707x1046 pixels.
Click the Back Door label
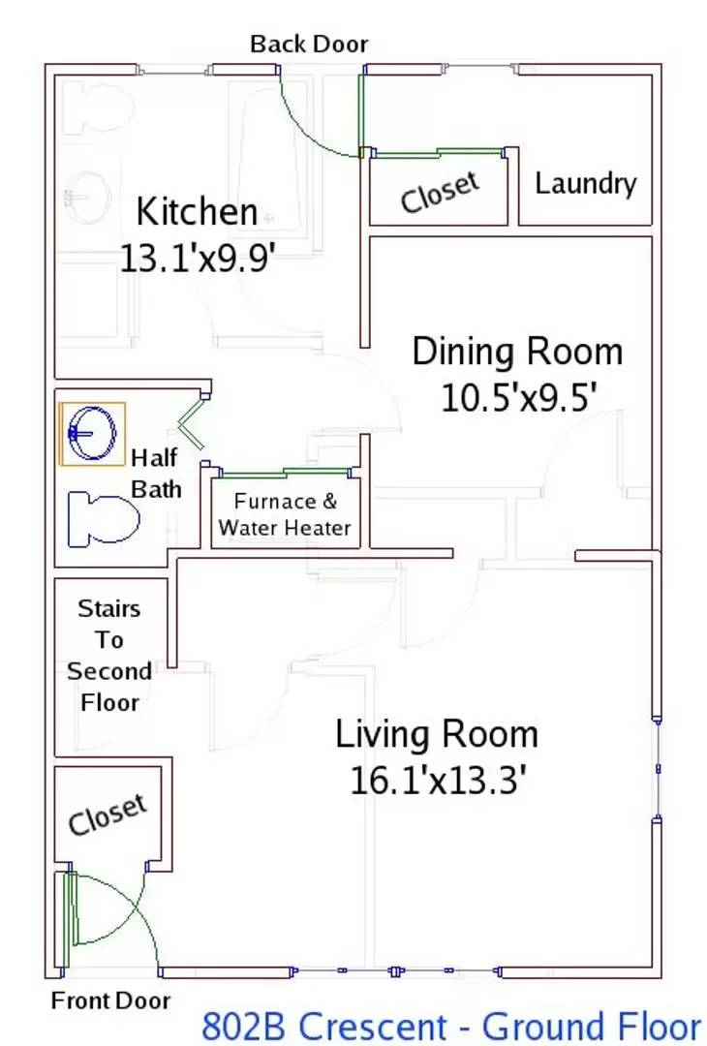click(x=309, y=44)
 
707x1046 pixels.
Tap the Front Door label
click(x=110, y=1000)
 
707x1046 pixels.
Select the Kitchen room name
click(x=197, y=211)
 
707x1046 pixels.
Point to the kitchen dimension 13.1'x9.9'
click(x=199, y=257)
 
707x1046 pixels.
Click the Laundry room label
click(x=586, y=183)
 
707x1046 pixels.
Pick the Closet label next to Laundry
click(x=441, y=192)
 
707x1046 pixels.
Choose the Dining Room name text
click(x=517, y=352)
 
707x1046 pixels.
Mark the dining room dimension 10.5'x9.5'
click(x=518, y=398)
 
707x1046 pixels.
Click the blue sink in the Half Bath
click(x=93, y=433)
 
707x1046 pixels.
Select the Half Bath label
click(x=155, y=474)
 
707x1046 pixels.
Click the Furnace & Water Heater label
click(x=285, y=514)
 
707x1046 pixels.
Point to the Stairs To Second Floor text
click(x=109, y=655)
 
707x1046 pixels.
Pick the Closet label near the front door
click(x=108, y=815)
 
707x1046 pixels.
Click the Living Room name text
click(x=437, y=734)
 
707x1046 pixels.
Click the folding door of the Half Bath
click(x=191, y=423)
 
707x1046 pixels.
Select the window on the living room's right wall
click(x=658, y=769)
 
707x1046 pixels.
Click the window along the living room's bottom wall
click(x=395, y=970)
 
